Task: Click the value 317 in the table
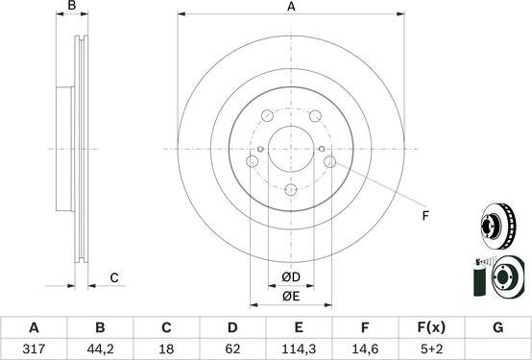pos(35,349)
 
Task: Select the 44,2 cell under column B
pos(101,349)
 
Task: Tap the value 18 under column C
pos(167,349)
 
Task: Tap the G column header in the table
pos(497,327)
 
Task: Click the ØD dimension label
pos(291,278)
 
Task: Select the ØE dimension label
pos(291,297)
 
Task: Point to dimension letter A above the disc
pos(291,8)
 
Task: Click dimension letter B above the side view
pos(70,8)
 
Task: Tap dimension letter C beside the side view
pos(113,277)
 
